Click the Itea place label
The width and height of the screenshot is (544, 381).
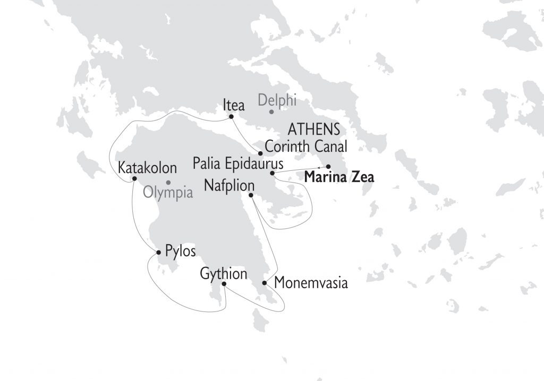233,105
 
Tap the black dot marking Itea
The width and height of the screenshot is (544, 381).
231,117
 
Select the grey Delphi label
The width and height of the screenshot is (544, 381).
277,99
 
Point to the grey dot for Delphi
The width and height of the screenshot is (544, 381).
271,111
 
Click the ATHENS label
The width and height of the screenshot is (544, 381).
313,129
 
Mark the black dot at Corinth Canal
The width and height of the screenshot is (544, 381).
260,153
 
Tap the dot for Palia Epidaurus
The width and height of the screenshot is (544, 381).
272,173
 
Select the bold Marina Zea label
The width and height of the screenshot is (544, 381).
339,177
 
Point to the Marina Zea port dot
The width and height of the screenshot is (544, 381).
328,167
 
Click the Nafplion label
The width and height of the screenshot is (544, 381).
229,186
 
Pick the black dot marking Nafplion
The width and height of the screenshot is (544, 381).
251,195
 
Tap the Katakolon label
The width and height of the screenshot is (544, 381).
147,168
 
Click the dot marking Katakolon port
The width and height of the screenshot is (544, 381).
134,178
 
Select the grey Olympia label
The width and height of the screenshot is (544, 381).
168,192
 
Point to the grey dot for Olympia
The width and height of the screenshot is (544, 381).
168,182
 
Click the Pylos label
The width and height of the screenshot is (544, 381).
181,250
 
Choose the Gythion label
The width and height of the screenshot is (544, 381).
224,274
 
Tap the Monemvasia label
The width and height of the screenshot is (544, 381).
311,283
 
